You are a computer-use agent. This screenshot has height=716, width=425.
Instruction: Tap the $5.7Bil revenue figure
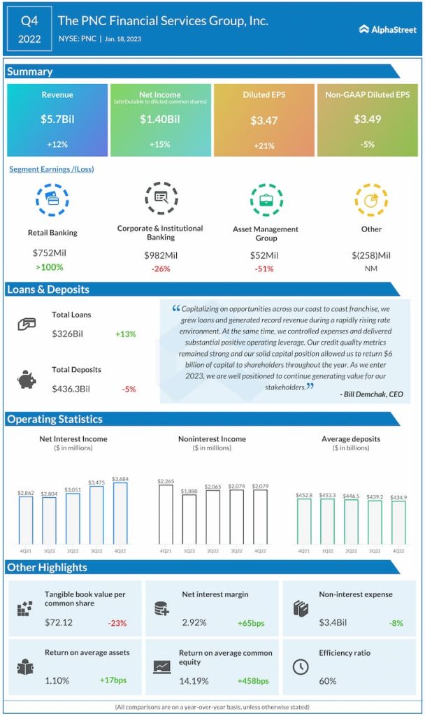(57, 120)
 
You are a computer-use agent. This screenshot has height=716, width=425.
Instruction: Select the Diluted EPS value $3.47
(264, 120)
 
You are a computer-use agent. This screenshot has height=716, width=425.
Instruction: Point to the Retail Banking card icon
(52, 200)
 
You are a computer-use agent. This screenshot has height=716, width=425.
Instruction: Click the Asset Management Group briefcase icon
(266, 200)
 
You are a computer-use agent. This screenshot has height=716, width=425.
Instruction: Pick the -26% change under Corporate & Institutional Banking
(160, 268)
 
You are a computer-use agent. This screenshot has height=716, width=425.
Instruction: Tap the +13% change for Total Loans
(126, 334)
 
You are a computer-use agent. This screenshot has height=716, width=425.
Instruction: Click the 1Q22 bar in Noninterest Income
(189, 520)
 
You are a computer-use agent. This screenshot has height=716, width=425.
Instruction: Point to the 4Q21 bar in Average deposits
(305, 521)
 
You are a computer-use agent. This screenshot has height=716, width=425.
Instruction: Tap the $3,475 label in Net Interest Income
(96, 483)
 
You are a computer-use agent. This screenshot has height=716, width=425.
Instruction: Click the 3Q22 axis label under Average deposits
(375, 551)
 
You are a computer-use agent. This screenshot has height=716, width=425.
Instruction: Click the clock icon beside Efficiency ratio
(300, 666)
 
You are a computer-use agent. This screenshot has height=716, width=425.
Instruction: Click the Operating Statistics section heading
(55, 420)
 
